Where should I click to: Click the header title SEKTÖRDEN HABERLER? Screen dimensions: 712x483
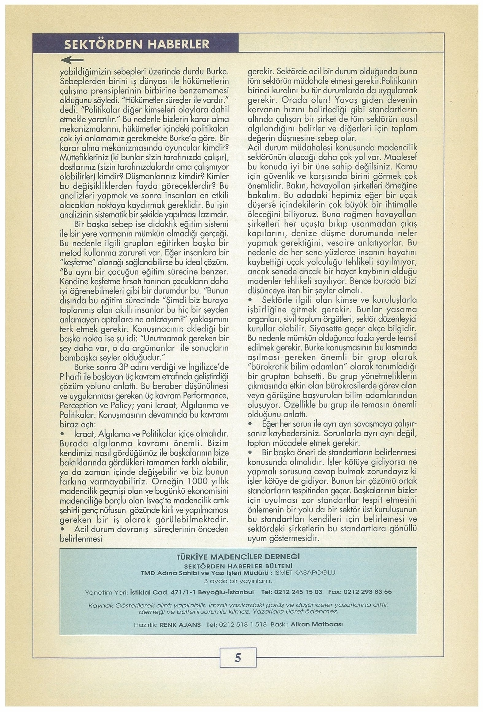(137, 44)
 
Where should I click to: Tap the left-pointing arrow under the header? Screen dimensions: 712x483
(72, 60)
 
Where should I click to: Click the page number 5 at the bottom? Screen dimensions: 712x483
(238, 657)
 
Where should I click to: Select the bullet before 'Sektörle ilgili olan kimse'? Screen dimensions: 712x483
(250, 299)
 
